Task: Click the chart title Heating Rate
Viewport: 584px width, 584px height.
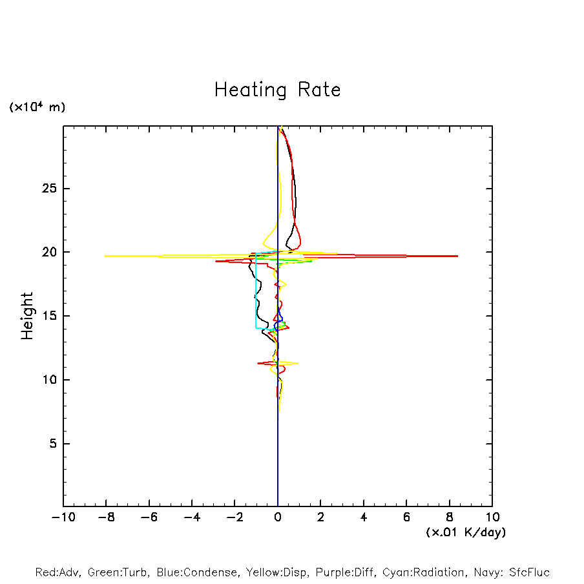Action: click(x=277, y=90)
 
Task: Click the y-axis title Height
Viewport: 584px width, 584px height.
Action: click(x=27, y=316)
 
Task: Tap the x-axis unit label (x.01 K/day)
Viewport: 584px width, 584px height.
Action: click(x=465, y=532)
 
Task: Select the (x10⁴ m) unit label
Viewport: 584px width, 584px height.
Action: click(x=37, y=107)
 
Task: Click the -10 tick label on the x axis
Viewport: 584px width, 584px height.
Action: click(x=63, y=517)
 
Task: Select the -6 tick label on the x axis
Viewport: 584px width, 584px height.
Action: click(x=149, y=517)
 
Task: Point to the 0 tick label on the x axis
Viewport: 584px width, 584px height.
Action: click(x=278, y=517)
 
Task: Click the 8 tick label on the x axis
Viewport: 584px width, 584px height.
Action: click(x=450, y=517)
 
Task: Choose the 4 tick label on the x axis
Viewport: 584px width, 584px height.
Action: click(x=364, y=517)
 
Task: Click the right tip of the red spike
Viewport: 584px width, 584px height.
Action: click(x=457, y=256)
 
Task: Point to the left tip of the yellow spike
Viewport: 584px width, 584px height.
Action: click(x=105, y=256)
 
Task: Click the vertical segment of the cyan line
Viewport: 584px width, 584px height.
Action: click(x=256, y=291)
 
